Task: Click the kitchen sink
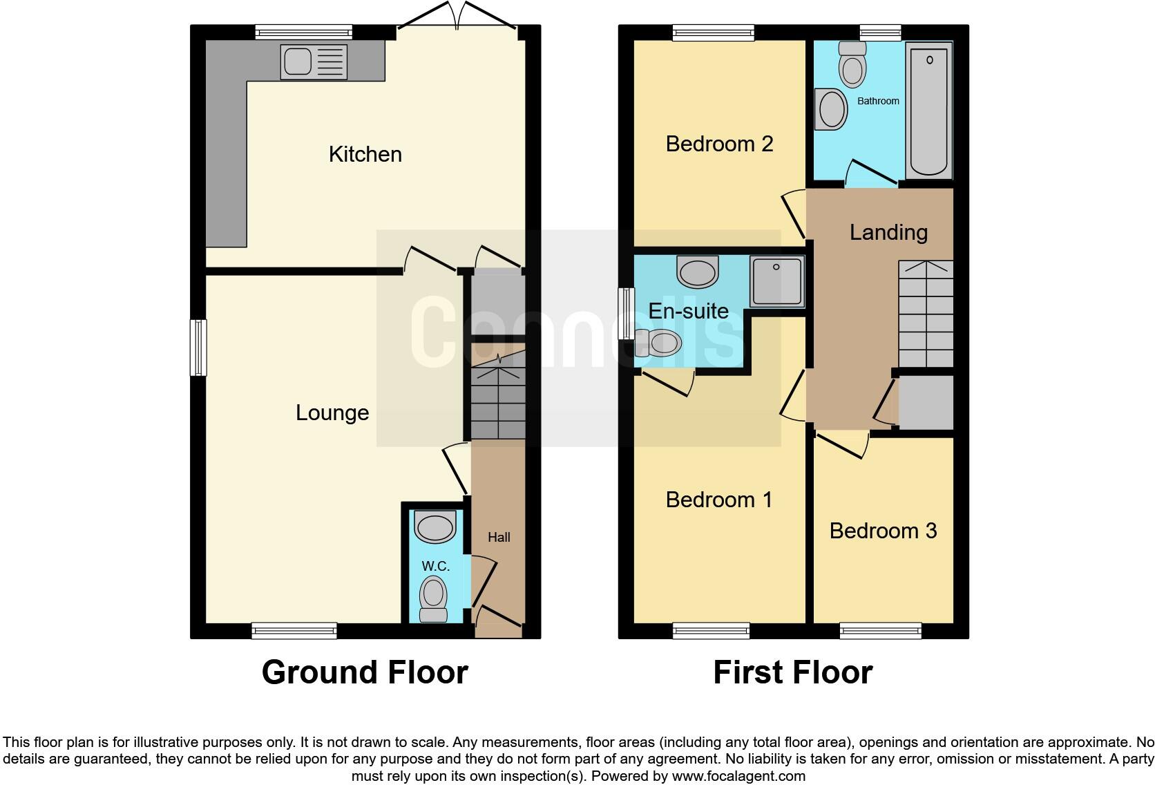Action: click(314, 62)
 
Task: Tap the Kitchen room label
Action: click(365, 154)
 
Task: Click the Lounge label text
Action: click(332, 413)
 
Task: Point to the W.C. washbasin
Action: click(435, 527)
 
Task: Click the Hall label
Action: click(499, 537)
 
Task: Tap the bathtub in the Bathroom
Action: click(930, 110)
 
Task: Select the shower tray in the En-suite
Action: click(778, 281)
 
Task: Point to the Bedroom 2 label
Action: click(719, 144)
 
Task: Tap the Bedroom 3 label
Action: click(883, 531)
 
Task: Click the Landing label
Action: click(888, 232)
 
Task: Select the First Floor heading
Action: click(792, 672)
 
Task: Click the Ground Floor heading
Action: click(365, 672)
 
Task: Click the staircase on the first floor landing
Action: click(925, 314)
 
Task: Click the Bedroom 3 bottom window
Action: click(880, 630)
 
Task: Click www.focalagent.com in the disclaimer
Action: click(738, 776)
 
